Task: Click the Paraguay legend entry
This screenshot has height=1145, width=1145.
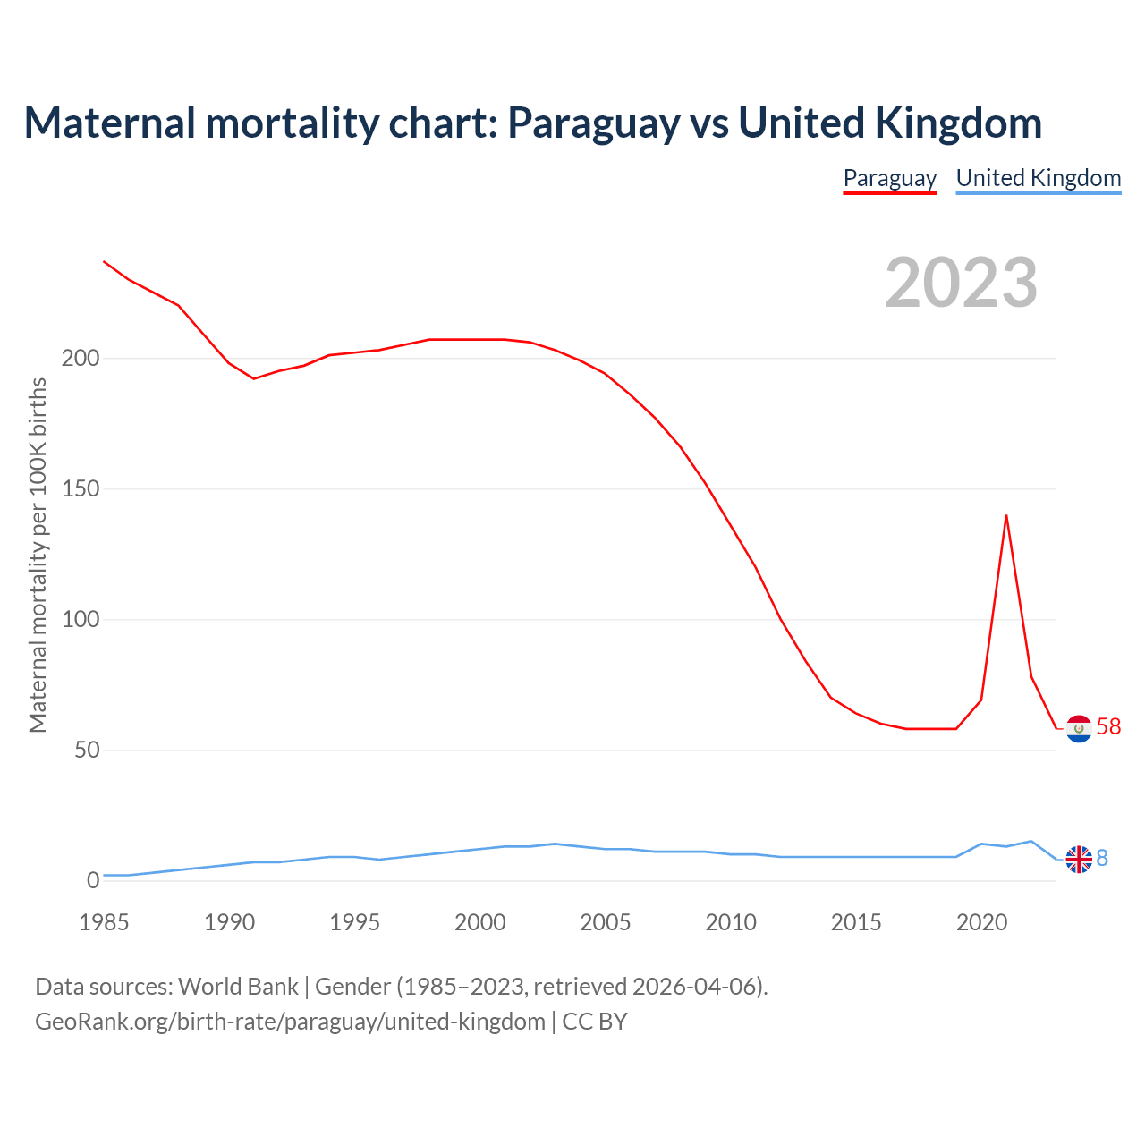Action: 890,178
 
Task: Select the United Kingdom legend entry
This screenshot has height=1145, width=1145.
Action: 1038,178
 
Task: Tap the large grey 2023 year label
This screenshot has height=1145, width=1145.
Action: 962,283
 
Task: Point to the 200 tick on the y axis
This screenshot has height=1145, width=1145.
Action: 81,359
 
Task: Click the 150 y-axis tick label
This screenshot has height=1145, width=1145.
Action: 81,489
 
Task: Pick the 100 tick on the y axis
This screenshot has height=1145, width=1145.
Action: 81,620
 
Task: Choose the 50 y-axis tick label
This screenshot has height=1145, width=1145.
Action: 87,751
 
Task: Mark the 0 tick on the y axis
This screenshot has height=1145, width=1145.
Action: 93,881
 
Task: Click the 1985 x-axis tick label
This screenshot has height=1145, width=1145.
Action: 104,922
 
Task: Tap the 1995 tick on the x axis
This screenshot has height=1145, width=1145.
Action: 355,922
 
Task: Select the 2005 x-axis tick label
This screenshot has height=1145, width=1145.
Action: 606,922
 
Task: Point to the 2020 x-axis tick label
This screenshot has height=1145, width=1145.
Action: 981,922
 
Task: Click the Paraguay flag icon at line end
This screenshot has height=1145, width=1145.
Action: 1079,729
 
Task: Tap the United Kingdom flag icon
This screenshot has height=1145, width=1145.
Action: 1079,860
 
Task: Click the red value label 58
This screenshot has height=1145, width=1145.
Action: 1108,726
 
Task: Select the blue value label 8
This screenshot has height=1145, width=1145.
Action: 1102,859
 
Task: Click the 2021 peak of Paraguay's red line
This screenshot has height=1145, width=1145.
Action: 1006,515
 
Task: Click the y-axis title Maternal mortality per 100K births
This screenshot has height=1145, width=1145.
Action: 38,555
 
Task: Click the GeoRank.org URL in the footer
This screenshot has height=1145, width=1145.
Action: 290,1022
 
